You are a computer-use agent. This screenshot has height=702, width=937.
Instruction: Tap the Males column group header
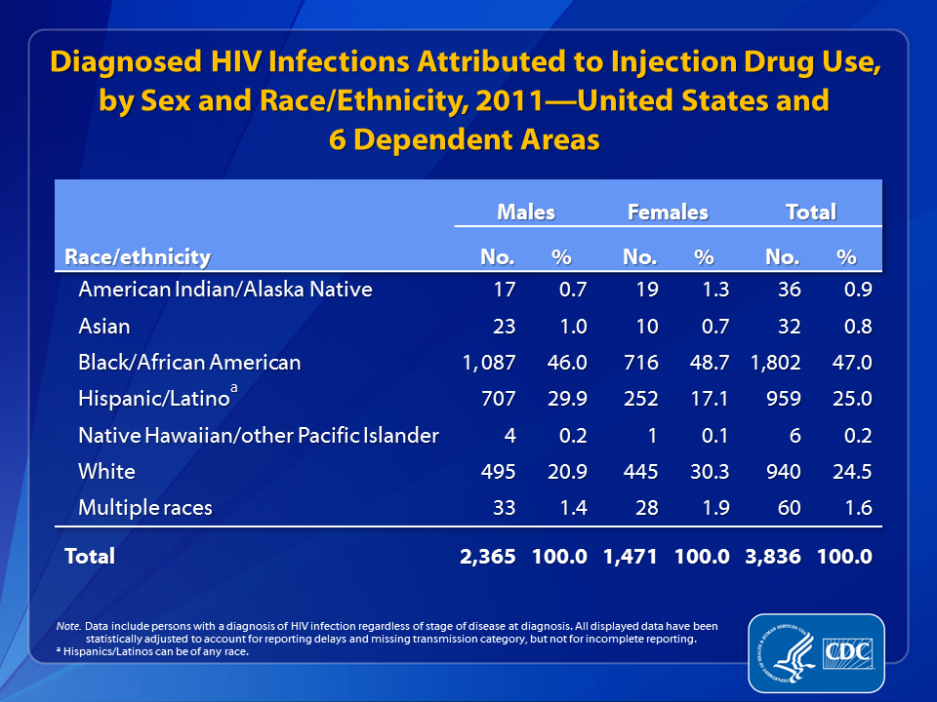pyautogui.click(x=526, y=212)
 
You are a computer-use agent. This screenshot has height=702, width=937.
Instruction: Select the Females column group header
pyautogui.click(x=668, y=212)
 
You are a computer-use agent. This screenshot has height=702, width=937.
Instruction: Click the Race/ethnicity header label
pyautogui.click(x=138, y=257)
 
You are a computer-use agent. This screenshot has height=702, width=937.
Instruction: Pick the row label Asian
pyautogui.click(x=104, y=327)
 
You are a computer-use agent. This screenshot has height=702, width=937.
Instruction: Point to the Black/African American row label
pyautogui.click(x=189, y=363)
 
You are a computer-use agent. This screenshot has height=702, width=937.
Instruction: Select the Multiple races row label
pyautogui.click(x=145, y=507)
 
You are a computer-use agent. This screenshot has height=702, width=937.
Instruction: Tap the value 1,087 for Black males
pyautogui.click(x=489, y=363)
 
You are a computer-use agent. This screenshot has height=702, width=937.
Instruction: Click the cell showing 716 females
pyautogui.click(x=640, y=363)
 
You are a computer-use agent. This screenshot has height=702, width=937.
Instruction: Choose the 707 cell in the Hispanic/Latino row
pyautogui.click(x=499, y=398)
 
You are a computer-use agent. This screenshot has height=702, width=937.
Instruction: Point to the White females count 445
pyautogui.click(x=640, y=472)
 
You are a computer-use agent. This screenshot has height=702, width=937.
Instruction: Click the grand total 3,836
pyautogui.click(x=773, y=557)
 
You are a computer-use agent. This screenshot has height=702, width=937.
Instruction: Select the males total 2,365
pyautogui.click(x=488, y=557)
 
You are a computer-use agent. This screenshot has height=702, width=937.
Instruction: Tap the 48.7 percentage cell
pyautogui.click(x=710, y=363)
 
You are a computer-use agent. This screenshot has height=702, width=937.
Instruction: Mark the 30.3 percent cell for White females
pyautogui.click(x=710, y=472)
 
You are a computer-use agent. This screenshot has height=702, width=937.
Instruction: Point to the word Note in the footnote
pyautogui.click(x=68, y=626)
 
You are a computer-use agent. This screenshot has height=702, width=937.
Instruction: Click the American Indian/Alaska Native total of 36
pyautogui.click(x=789, y=290)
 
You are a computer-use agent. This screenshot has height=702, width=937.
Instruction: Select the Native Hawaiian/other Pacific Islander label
pyautogui.click(x=259, y=435)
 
